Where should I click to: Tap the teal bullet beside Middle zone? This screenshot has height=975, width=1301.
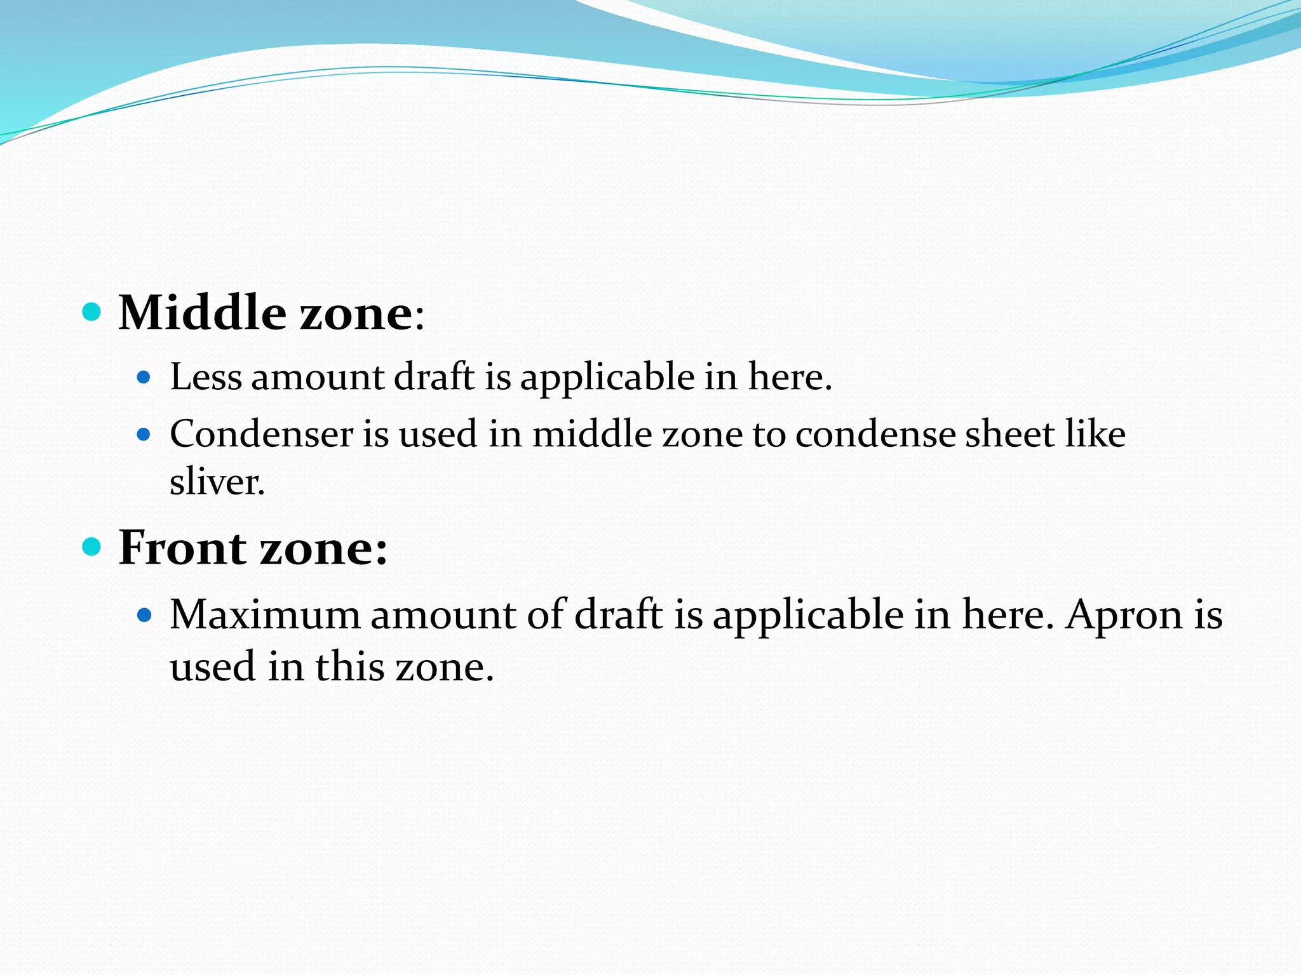tap(92, 312)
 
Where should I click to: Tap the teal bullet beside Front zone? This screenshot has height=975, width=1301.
tap(92, 546)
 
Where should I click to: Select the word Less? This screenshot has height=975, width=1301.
tap(206, 376)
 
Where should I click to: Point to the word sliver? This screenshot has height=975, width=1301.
tap(217, 482)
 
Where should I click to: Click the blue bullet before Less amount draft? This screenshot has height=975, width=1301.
tap(144, 378)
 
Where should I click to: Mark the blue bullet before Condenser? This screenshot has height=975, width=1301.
tap(144, 435)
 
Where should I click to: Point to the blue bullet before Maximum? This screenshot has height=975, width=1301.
tap(145, 615)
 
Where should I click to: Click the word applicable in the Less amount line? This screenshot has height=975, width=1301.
tap(607, 378)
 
